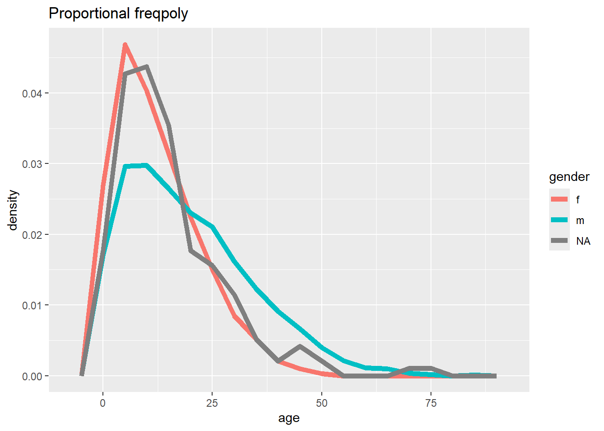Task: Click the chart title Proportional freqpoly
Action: point(118,13)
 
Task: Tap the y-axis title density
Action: point(13,210)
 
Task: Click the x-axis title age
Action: point(289,418)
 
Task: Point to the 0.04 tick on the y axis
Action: point(31,94)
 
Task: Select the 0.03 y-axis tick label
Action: point(31,164)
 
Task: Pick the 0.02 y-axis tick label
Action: point(31,235)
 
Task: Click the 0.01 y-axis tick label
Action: point(31,306)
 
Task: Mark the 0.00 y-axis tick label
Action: point(31,377)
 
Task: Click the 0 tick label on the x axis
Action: point(103,403)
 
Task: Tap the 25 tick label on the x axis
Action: point(212,403)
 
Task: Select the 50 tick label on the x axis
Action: point(322,403)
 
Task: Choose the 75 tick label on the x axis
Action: point(431,403)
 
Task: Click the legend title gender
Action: point(569,177)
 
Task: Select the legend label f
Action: point(577,200)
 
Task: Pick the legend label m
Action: point(580,221)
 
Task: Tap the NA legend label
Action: point(583,241)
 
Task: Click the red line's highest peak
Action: point(125,44)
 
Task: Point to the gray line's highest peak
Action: point(147,66)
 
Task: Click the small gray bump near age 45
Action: point(300,346)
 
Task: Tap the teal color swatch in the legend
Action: point(559,220)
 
